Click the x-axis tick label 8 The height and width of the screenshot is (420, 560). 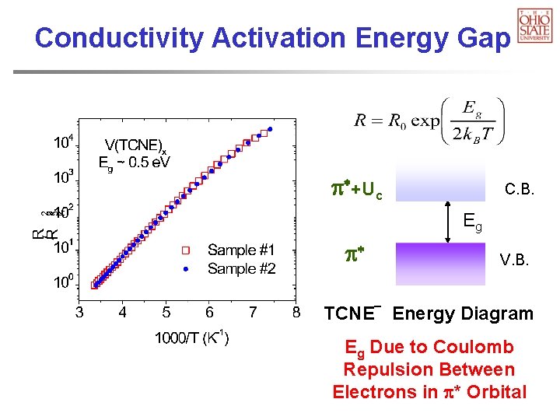296,313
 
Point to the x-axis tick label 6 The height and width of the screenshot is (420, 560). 210,313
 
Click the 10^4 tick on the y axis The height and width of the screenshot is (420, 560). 64,143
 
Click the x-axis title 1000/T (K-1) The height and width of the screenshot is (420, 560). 191,339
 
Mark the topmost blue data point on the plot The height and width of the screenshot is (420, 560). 270,129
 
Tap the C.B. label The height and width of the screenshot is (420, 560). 519,189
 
